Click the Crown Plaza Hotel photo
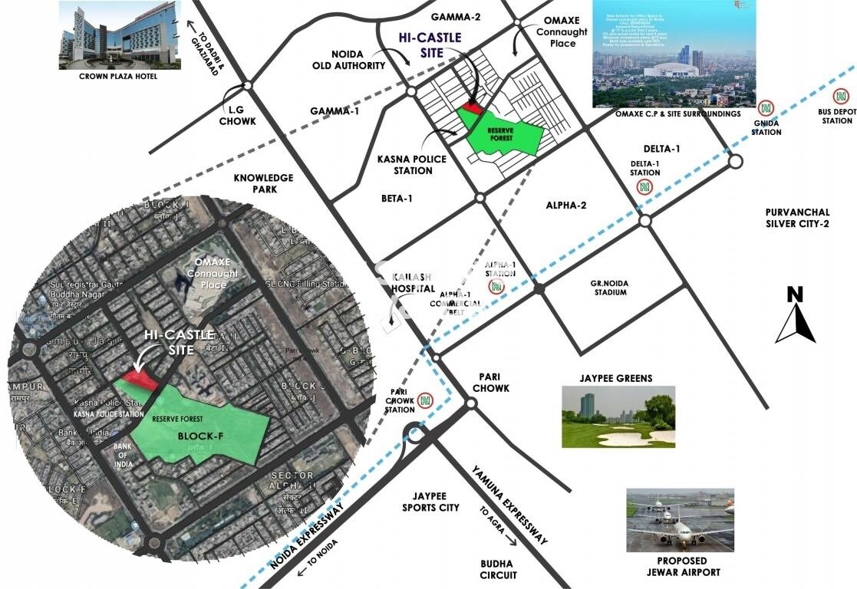(x=120, y=35)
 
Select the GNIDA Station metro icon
(x=765, y=108)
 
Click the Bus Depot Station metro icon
(x=842, y=97)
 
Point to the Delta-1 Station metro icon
(x=645, y=186)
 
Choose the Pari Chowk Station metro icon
(x=424, y=400)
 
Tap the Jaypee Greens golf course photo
(x=618, y=416)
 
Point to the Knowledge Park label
(x=264, y=183)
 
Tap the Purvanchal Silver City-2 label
(x=806, y=219)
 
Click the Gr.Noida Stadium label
(x=609, y=288)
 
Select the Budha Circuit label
(x=498, y=569)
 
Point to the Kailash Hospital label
(x=414, y=282)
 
